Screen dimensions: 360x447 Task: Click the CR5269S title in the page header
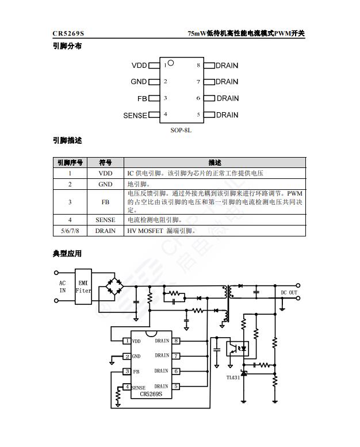(68, 33)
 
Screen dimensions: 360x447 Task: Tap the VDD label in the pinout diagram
(139, 66)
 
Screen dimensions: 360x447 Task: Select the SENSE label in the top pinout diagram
(135, 116)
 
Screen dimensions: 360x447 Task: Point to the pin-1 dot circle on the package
(171, 63)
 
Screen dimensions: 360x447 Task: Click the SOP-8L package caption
(181, 130)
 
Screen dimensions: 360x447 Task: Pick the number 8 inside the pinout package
(198, 65)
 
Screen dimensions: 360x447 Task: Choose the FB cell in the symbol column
(105, 202)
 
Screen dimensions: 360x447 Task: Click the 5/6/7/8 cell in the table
(70, 231)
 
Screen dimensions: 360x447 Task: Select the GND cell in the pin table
(105, 185)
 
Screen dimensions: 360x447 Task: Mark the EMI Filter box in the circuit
(83, 286)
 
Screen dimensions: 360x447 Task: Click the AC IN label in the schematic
(63, 287)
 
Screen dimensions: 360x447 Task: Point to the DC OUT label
(289, 293)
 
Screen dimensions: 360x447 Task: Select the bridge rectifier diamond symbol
(114, 286)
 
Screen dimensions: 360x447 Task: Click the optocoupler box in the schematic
(238, 349)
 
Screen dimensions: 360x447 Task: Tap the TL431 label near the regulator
(233, 377)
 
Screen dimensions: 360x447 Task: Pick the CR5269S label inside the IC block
(151, 394)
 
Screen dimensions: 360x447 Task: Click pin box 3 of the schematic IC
(127, 371)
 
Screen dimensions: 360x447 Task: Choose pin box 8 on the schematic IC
(176, 341)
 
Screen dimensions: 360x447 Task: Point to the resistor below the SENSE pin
(118, 395)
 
